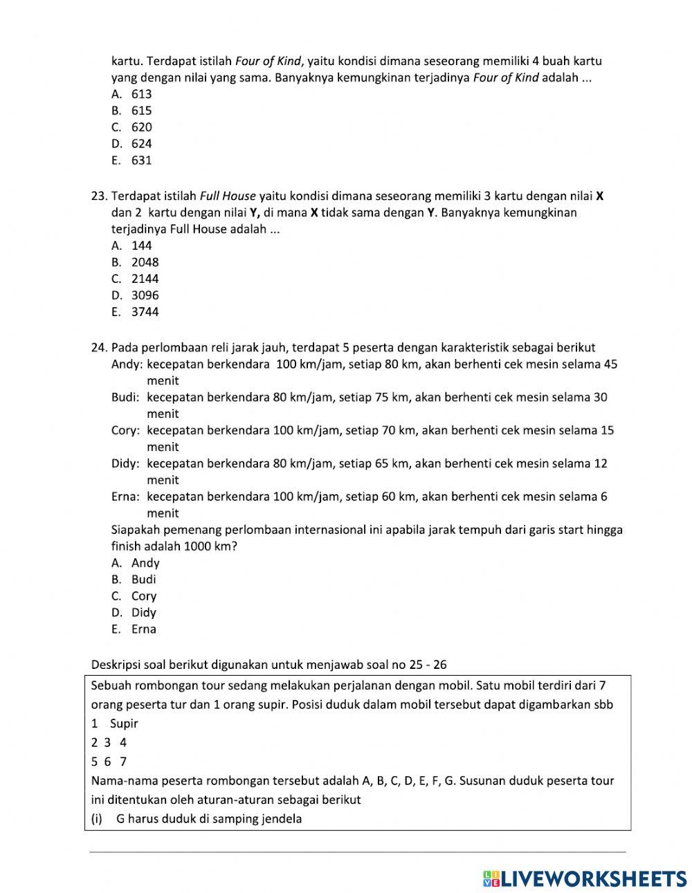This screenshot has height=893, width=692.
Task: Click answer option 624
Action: click(141, 144)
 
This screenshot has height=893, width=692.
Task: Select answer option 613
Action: click(141, 94)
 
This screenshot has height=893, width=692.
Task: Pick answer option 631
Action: click(141, 160)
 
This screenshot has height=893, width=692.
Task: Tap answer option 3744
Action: click(145, 312)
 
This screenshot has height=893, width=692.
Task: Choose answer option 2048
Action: click(145, 262)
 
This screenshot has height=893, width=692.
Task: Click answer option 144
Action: click(141, 246)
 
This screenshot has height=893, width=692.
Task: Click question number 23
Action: click(99, 196)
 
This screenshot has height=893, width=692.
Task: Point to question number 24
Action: click(99, 347)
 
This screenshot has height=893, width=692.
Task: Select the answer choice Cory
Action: click(144, 596)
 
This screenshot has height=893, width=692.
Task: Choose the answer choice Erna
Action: click(144, 629)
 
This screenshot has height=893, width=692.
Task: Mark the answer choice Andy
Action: click(145, 563)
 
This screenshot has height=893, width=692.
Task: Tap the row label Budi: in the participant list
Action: click(126, 397)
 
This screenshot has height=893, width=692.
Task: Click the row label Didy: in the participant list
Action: click(126, 463)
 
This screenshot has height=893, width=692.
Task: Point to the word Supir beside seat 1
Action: click(124, 724)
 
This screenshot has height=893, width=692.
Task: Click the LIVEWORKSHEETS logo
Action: click(584, 878)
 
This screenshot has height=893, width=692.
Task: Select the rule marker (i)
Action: click(97, 819)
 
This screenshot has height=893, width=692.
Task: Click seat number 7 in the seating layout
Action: click(123, 762)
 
